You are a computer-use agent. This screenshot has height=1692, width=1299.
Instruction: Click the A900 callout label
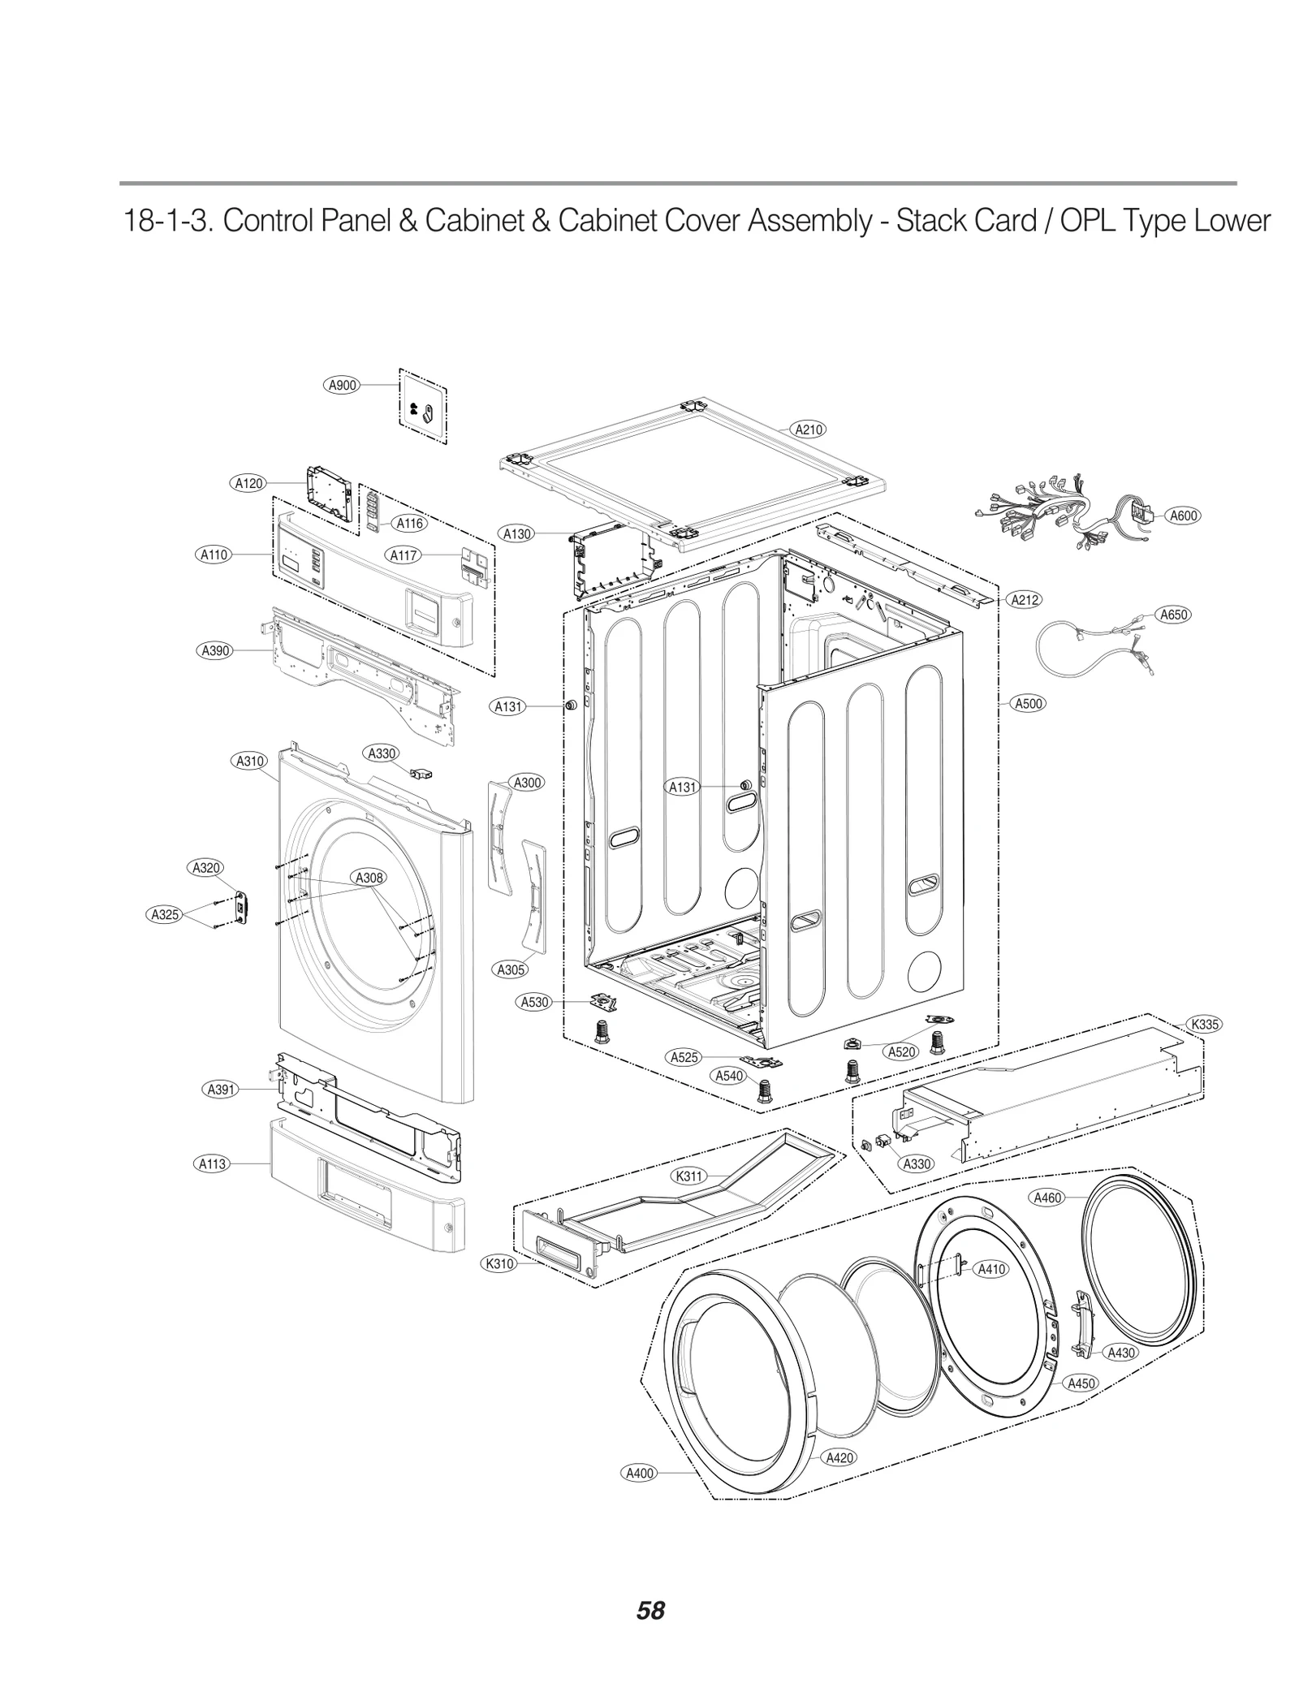(x=342, y=386)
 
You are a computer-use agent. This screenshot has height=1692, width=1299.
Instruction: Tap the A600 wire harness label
(x=1183, y=516)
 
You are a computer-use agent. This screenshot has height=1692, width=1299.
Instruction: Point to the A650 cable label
(x=1173, y=615)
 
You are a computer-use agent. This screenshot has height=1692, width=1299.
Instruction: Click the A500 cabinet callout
(x=1029, y=704)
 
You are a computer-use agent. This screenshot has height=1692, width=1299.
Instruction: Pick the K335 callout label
(x=1205, y=1024)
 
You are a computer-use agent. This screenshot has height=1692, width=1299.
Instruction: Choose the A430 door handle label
(x=1121, y=1353)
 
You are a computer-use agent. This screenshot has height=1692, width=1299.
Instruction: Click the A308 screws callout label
(x=369, y=878)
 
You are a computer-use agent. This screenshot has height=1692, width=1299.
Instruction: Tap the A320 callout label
(x=206, y=868)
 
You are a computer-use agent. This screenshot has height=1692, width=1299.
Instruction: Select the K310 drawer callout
(x=499, y=1263)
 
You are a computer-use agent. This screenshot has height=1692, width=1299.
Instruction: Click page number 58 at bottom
(x=650, y=1609)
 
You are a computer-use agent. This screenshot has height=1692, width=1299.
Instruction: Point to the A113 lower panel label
(x=213, y=1163)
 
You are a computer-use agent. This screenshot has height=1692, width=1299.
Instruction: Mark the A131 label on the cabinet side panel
(x=683, y=787)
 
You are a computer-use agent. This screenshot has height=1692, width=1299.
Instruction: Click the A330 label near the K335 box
(x=917, y=1163)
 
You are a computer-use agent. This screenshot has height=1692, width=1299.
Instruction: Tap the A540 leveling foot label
(x=728, y=1076)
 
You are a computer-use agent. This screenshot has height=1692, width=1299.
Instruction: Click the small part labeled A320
(x=241, y=906)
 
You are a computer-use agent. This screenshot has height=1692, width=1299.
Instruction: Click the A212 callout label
(x=1024, y=600)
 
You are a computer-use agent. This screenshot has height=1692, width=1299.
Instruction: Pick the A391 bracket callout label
(x=220, y=1090)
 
